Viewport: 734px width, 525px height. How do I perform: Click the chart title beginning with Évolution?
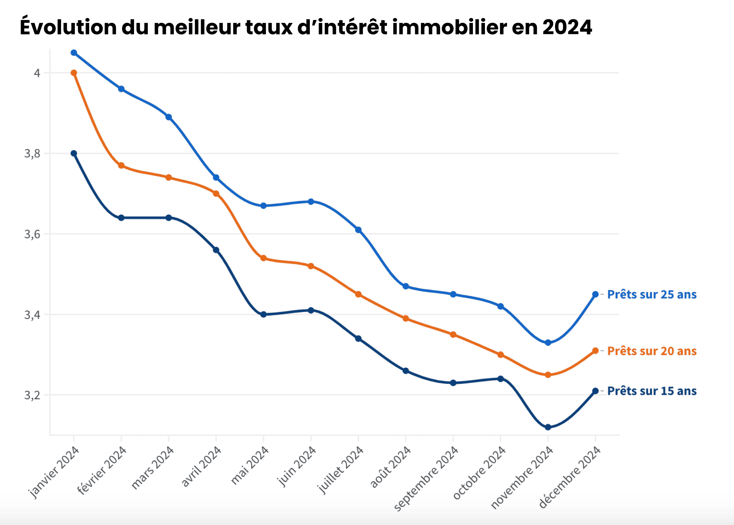306,27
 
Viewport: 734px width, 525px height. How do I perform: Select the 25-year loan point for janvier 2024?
74,53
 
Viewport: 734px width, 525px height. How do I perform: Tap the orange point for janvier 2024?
74,73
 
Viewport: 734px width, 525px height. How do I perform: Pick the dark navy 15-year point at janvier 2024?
74,153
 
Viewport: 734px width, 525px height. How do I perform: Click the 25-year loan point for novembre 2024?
548,343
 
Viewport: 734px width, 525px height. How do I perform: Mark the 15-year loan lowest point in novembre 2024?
548,427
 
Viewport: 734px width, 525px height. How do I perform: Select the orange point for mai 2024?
263,258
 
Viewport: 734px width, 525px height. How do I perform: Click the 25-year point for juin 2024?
311,202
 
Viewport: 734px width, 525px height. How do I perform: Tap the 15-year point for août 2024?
406,371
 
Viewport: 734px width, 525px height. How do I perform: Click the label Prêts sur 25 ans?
652,294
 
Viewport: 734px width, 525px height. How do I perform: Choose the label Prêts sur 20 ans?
652,351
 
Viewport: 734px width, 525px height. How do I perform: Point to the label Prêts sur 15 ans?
652,391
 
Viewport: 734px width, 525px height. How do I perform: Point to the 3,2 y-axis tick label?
32,395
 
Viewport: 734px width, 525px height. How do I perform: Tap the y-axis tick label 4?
37,73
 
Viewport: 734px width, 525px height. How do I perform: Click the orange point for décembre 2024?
595,351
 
